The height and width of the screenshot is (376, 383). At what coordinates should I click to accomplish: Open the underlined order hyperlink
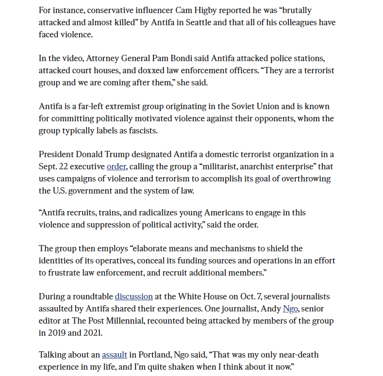pyautogui.click(x=117, y=166)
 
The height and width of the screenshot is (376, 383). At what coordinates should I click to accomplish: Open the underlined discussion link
pyautogui.click(x=134, y=296)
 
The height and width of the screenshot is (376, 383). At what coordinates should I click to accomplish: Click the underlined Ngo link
pyautogui.click(x=290, y=309)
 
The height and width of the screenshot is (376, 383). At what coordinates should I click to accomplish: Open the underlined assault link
pyautogui.click(x=115, y=355)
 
